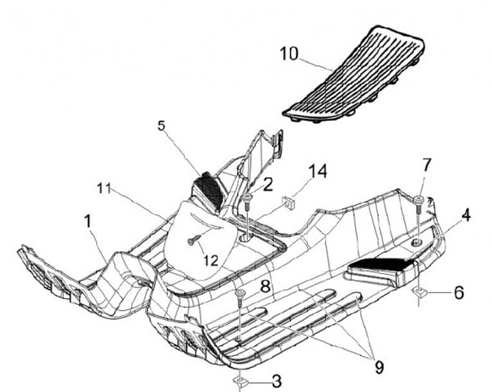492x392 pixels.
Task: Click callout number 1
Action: click(87, 221)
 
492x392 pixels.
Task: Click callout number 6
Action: click(459, 292)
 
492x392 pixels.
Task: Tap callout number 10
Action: click(289, 54)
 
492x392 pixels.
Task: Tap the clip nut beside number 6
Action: click(420, 293)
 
